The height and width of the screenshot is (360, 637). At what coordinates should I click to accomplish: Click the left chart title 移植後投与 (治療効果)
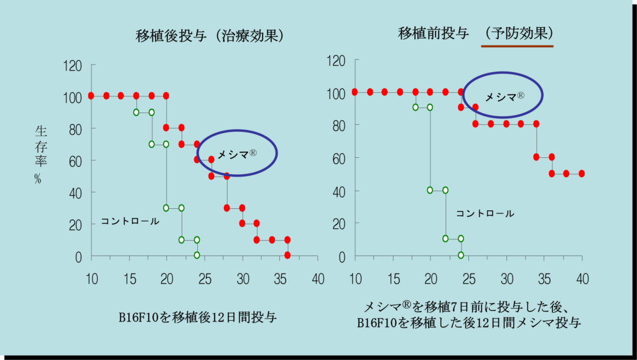tap(210, 36)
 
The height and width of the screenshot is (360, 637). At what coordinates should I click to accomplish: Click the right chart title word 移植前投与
tap(434, 34)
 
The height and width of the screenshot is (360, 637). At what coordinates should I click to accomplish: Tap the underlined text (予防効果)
tap(519, 34)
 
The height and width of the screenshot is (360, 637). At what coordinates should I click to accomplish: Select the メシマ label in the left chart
tap(236, 153)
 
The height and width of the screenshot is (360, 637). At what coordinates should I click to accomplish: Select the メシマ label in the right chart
tap(504, 96)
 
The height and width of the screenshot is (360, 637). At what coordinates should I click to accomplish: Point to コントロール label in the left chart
tap(130, 221)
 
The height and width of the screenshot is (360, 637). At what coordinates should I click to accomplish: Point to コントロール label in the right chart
tap(485, 213)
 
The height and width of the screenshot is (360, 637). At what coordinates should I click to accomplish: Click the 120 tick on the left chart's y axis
tap(73, 65)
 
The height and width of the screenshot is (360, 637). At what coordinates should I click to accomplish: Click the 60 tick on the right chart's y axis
tap(339, 157)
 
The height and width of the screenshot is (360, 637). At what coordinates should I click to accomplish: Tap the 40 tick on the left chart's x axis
tap(318, 277)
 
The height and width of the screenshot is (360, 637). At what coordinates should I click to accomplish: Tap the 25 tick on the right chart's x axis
tap(468, 277)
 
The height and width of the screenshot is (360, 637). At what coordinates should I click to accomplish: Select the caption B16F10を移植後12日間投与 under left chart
tap(198, 318)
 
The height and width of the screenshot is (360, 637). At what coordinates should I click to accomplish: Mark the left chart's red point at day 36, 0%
tap(287, 255)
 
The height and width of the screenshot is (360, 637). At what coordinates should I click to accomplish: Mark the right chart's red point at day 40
tap(582, 173)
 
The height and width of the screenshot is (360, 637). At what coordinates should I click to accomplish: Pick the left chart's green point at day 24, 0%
tap(197, 255)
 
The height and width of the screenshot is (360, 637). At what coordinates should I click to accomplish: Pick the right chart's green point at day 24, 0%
tap(461, 255)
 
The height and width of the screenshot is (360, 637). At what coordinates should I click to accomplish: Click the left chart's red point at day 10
tap(91, 96)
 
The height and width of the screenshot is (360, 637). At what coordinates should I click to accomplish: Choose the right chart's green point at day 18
tap(416, 108)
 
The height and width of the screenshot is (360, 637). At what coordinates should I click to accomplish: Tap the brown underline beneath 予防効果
tap(518, 46)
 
